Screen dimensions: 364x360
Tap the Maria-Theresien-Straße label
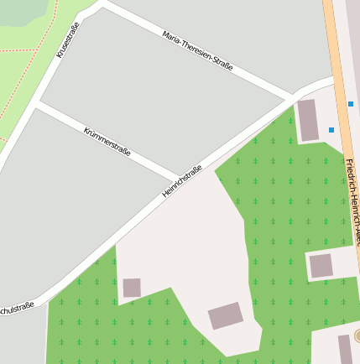click(198, 50)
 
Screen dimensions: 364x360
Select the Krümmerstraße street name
click(107, 141)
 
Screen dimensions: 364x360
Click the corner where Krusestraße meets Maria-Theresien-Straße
click(101, 3)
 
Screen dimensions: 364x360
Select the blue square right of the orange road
click(351, 104)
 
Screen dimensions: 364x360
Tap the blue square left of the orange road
click(331, 130)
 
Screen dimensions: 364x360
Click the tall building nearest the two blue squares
click(308, 120)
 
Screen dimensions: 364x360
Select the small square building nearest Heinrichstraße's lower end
click(132, 288)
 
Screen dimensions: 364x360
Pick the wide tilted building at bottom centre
click(225, 316)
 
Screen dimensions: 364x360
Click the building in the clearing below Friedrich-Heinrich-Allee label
click(321, 266)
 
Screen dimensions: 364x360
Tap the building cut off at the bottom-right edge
click(345, 348)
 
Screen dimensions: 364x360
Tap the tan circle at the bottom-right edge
click(357, 336)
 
